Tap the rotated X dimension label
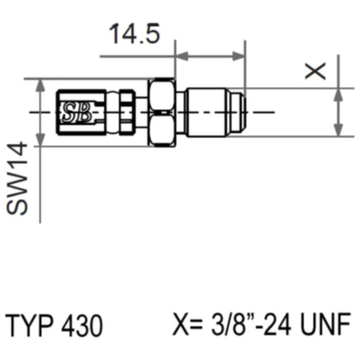click(317, 71)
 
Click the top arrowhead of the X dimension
click(338, 93)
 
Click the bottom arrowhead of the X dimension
click(338, 130)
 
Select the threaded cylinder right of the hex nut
click(208, 111)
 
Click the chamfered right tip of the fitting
click(243, 111)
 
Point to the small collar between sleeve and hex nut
click(126, 111)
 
